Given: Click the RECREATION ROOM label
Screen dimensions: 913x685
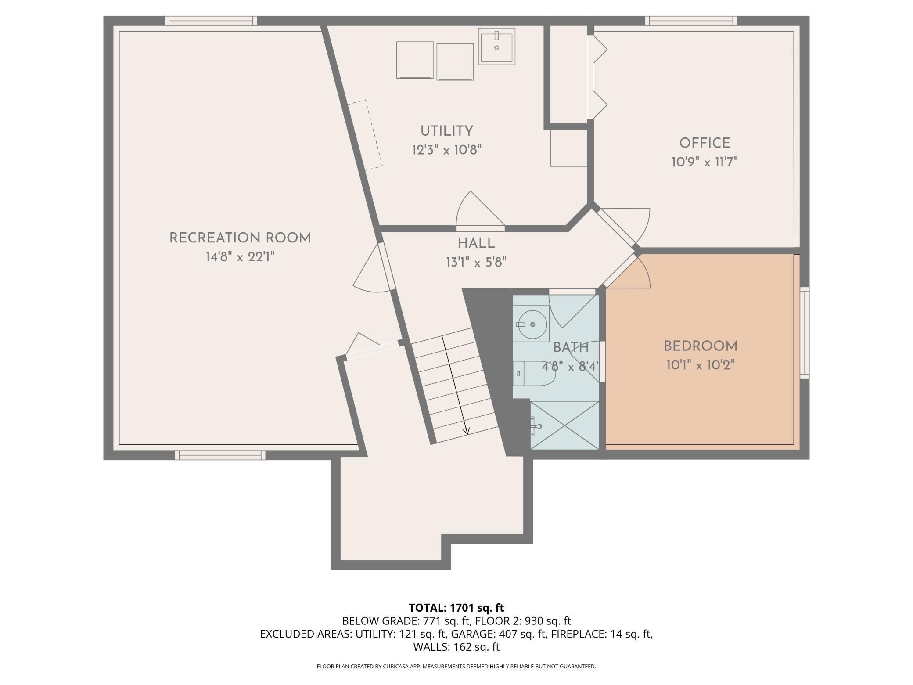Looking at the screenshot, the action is pos(240,238).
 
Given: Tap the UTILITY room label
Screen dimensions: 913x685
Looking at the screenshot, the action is pos(447,131).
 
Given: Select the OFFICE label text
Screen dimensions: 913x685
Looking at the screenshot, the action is pos(705,143).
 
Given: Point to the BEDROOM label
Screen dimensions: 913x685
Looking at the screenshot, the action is pos(700,346).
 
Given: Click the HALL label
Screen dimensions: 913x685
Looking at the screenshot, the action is pos(476,243).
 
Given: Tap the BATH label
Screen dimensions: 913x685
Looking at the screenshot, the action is pos(571,348).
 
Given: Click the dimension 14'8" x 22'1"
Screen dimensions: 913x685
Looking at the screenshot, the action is pos(240,257).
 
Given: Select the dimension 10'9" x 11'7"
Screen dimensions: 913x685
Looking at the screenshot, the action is pos(705,162).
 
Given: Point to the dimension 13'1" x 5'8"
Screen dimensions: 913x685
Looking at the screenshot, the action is pos(476,262).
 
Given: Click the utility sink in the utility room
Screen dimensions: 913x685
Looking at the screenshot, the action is pos(496,46).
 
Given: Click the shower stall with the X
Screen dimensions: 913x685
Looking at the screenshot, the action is pos(564,425).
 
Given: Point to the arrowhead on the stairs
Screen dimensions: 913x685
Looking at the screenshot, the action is pos(466,431).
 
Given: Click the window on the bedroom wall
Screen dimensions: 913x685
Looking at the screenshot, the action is pos(804,332).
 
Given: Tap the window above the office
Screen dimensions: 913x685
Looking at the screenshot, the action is pos(691,21).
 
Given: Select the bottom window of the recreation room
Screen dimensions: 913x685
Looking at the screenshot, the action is pos(220,455).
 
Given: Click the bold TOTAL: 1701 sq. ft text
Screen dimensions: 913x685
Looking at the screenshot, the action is pos(456,608).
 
